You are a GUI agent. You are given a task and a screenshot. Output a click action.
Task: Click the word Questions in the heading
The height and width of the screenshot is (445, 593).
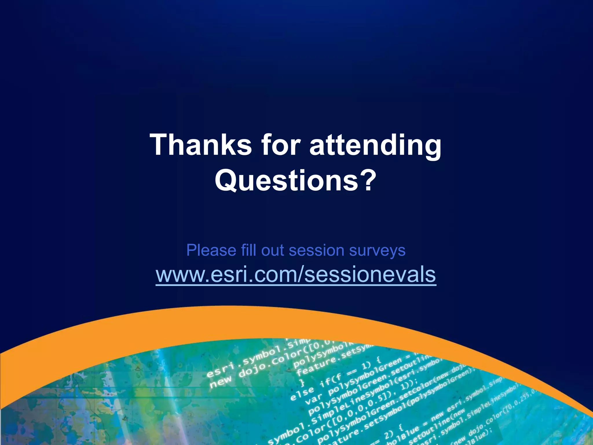pos(286,180)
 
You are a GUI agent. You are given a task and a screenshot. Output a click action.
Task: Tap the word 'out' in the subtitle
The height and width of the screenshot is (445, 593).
pos(272,251)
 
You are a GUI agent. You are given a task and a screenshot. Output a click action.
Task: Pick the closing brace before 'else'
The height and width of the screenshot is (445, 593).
pos(302,383)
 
